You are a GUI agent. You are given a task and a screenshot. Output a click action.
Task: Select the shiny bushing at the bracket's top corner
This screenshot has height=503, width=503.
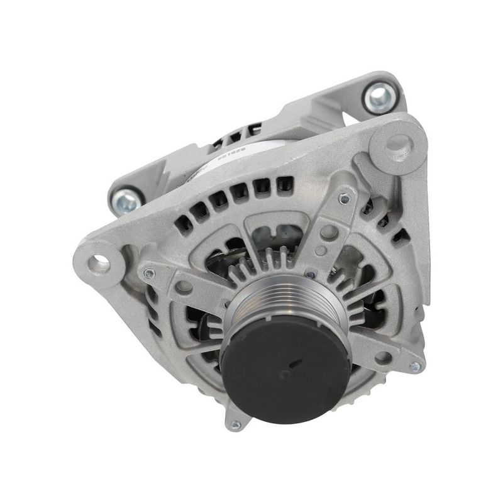pos(379,97)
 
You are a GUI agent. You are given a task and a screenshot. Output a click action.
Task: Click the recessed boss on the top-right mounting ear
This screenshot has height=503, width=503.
pos(397,144)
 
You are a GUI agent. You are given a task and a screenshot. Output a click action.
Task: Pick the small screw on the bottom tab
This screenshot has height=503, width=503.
pos(236,426)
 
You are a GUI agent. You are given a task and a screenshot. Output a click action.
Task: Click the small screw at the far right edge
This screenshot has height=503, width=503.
pos(414,366)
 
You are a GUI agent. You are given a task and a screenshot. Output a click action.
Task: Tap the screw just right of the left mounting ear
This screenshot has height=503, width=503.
pos(148,274)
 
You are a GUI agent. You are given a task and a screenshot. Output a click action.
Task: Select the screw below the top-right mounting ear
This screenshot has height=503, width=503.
pos(343,199)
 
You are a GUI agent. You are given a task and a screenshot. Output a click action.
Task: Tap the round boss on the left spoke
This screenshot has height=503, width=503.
pos(184,287)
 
